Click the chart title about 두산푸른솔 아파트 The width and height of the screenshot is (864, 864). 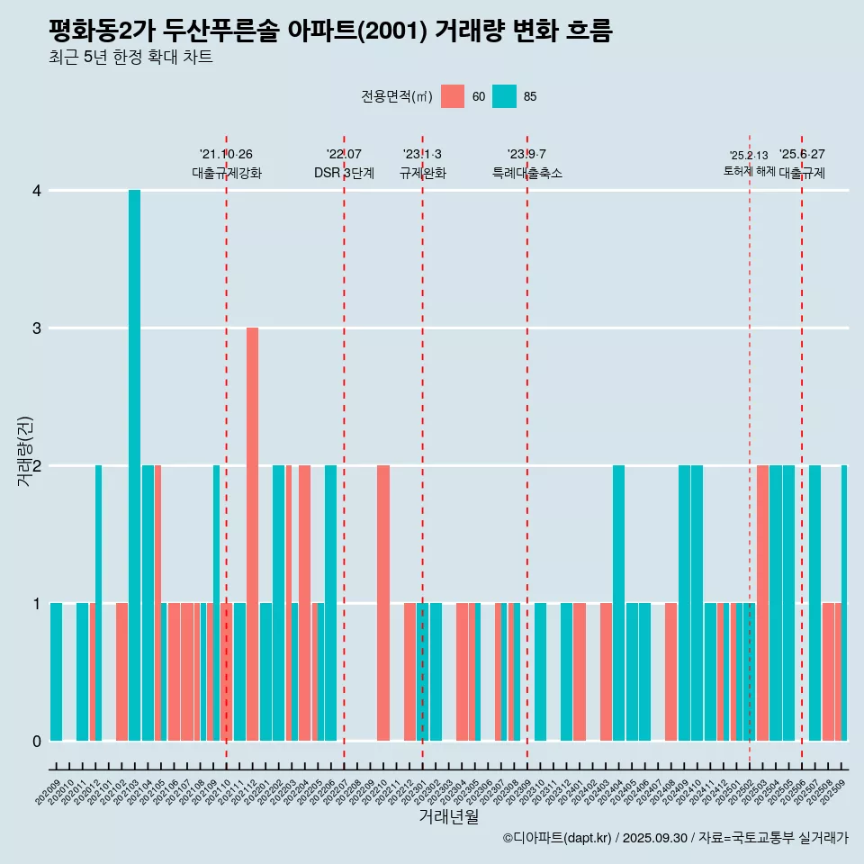coord(330,31)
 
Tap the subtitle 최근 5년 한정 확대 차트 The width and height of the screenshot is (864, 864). coord(130,58)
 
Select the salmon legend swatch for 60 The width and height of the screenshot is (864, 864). coord(453,96)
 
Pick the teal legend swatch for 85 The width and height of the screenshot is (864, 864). coord(505,96)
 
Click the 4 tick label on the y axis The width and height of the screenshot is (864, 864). coord(37,191)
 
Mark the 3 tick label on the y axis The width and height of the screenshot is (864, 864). coord(37,328)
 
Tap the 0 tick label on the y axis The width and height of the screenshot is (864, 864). coord(37,741)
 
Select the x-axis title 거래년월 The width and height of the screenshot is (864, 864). coord(448,816)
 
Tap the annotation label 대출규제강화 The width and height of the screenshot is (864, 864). coord(227,174)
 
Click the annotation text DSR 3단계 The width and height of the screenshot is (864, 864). coord(344,174)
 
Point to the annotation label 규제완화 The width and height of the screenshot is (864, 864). coord(422,174)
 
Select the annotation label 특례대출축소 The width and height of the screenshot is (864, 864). coord(527,174)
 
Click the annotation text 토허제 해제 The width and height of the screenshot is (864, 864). coord(749,171)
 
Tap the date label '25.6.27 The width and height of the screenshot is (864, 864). coord(802,155)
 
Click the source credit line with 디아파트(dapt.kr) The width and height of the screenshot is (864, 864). coord(675,838)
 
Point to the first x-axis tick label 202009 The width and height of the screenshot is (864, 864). coord(49,793)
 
